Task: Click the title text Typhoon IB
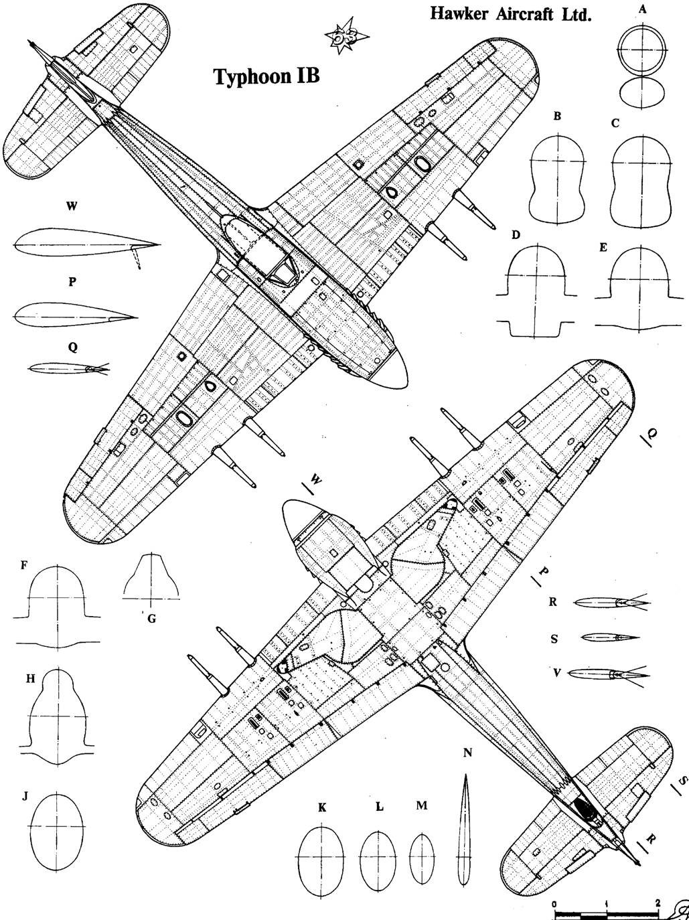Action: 267,77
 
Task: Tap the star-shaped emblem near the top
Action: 347,35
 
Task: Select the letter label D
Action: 516,235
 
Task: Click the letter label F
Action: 24,565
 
